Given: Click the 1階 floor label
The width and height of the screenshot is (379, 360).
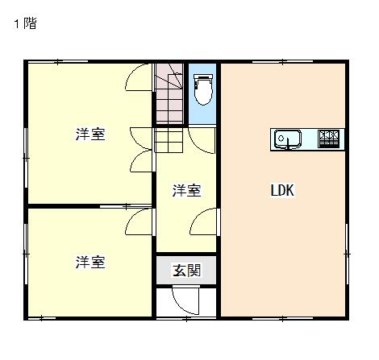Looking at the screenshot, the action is coord(25,23).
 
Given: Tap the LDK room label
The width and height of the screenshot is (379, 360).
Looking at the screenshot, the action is coord(282,190).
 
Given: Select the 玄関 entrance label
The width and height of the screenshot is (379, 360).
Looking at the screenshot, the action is coord(186,270).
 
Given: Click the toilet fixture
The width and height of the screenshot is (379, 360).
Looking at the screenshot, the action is coord(203,89).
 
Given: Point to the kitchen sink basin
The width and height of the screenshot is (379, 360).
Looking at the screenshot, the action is coord(287,139).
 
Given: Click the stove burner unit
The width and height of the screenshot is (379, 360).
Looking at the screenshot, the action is coord(328,139).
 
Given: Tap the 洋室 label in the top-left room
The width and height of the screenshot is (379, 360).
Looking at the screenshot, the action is coord(90,134).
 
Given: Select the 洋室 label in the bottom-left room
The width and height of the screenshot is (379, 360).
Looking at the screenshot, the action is coord(90,262).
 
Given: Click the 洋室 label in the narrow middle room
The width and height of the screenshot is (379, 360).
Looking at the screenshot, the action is coord(186,190).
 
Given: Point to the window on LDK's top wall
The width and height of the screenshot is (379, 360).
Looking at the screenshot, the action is coord(282,62).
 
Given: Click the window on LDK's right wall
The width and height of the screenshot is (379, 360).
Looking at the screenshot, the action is coord(347,254).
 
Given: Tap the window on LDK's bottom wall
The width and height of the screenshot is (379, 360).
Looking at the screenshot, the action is coord(282,319).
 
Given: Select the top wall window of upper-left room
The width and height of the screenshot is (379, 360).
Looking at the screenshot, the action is coord(58,62).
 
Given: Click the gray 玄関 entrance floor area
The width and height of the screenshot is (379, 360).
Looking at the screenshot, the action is coord(186,270).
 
